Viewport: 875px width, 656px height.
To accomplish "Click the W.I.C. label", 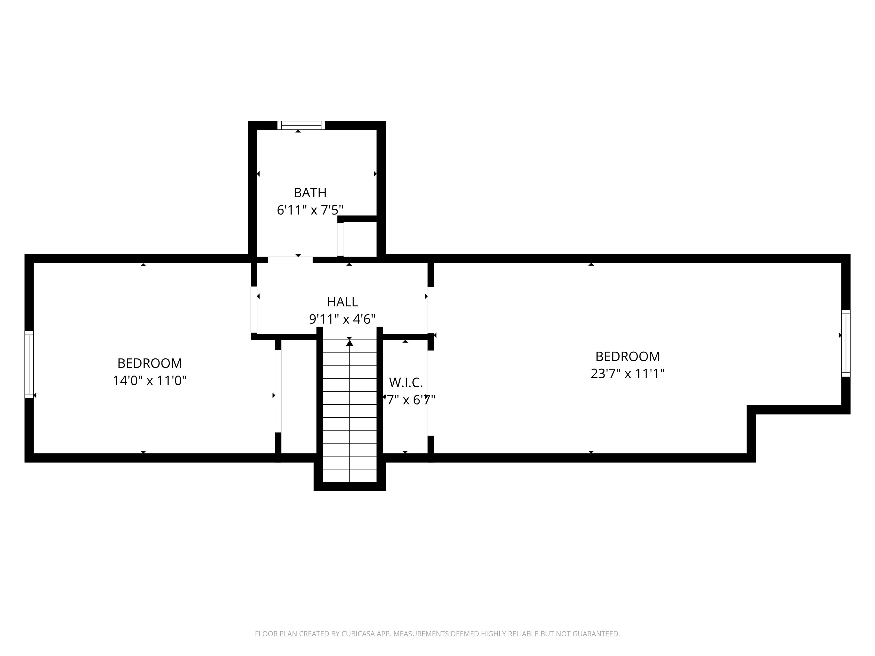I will pyautogui.click(x=406, y=382).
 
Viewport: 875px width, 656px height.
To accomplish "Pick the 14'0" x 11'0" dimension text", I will pyautogui.click(x=150, y=380).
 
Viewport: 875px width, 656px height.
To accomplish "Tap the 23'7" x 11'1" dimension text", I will pyautogui.click(x=627, y=373).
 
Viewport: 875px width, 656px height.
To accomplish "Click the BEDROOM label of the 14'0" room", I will pyautogui.click(x=150, y=363).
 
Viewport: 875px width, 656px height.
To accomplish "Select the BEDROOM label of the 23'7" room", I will pyautogui.click(x=627, y=356).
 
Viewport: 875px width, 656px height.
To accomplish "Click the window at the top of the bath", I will pyautogui.click(x=301, y=125).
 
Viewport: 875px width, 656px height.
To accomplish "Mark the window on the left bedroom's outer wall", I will pyautogui.click(x=29, y=364).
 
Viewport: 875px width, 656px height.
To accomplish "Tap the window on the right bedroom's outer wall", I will pyautogui.click(x=845, y=343).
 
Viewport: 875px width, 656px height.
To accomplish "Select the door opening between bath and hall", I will pyautogui.click(x=290, y=260).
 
